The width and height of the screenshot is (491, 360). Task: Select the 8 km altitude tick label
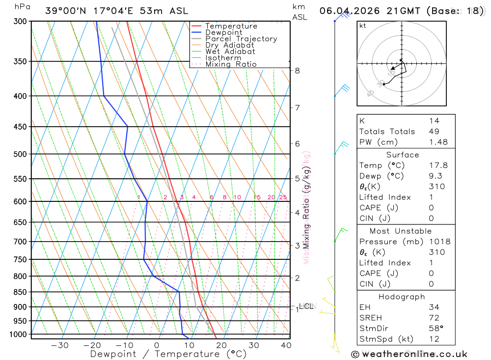[298, 71]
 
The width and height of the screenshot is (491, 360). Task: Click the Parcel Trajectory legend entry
[241, 39]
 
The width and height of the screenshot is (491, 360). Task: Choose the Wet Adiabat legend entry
[230, 52]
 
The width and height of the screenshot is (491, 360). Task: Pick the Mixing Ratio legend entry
[231, 64]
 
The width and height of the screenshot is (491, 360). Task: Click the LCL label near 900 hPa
[306, 306]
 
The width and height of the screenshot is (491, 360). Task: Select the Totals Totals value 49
[434, 131]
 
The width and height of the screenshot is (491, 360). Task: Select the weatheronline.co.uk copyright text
[409, 354]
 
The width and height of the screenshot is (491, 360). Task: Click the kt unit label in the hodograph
[363, 26]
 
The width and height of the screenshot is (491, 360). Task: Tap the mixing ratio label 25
[283, 197]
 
